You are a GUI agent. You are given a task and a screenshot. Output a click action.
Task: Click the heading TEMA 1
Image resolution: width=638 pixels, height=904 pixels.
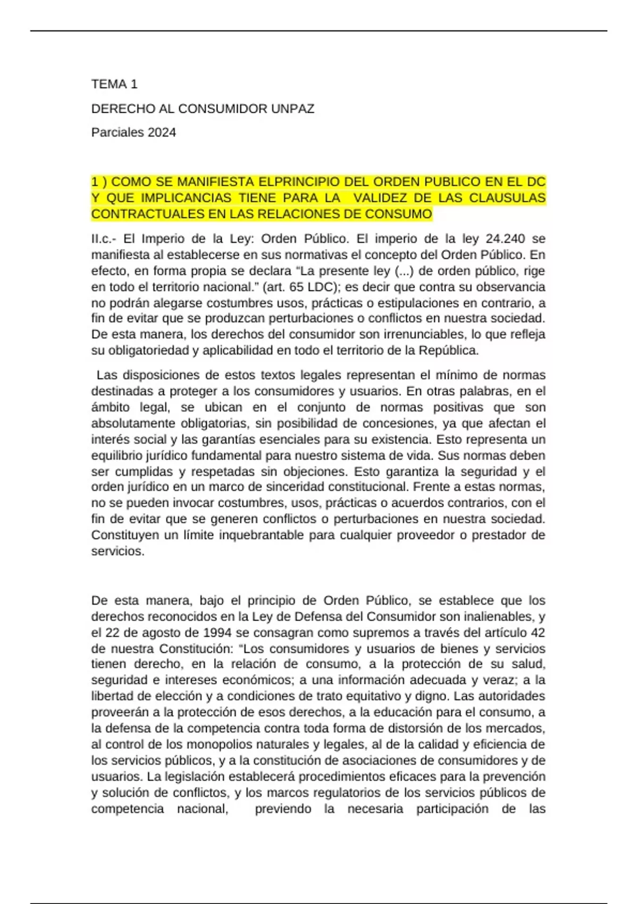tap(114, 84)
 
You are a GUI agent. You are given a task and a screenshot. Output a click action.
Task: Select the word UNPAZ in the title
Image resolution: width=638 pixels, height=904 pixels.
tap(292, 109)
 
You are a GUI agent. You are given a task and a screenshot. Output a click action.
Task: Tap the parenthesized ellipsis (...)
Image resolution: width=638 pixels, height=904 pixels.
tap(404, 271)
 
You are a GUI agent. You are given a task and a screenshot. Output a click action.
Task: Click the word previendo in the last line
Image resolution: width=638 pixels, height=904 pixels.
tap(283, 809)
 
